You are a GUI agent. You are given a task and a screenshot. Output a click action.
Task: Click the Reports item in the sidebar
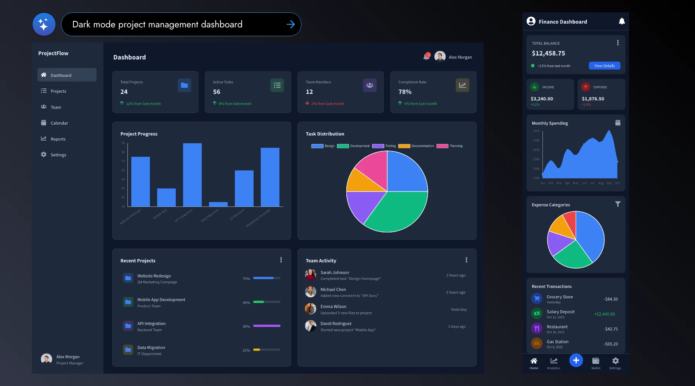coord(58,139)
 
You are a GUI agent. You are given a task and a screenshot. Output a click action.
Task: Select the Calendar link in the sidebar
coord(59,123)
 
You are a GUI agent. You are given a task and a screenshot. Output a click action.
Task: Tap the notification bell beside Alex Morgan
coord(426,57)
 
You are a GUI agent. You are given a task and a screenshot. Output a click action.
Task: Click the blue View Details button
coord(604,66)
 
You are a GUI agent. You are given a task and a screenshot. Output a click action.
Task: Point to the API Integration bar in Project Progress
coord(192,175)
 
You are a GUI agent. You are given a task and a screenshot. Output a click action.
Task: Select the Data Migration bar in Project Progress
coord(218,204)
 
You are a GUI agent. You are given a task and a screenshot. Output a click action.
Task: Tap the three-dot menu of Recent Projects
coord(281,260)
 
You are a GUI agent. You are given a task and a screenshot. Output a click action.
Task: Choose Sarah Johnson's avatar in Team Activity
coord(310,275)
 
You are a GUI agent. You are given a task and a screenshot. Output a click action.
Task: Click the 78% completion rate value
coord(405,92)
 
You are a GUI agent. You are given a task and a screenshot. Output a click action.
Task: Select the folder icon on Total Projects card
coord(185,85)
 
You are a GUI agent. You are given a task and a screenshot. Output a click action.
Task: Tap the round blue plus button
coord(576,361)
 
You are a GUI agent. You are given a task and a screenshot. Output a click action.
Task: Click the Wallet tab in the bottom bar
coord(596,363)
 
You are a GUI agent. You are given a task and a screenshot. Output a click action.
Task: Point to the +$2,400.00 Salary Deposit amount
coord(604,314)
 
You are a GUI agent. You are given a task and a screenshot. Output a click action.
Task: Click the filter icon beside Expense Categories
coord(618,204)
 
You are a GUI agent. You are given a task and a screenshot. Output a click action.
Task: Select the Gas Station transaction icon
coord(537,343)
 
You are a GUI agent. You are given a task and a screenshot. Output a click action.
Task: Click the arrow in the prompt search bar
coord(291,24)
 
